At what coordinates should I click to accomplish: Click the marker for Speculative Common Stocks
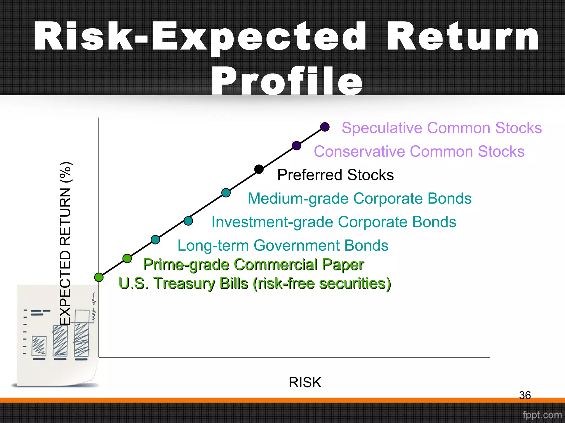[x=325, y=127]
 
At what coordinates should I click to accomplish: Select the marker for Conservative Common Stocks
[x=297, y=145]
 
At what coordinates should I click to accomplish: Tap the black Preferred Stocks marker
[x=259, y=169]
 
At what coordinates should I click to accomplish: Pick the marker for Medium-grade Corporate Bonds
[x=226, y=192]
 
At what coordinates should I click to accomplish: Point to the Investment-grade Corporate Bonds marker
[x=188, y=221]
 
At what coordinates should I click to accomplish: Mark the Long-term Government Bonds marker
[x=155, y=240]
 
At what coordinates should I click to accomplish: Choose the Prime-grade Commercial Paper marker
[x=127, y=258]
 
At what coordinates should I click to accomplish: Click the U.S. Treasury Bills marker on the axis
[x=99, y=277]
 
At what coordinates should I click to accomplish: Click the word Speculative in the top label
[x=382, y=128]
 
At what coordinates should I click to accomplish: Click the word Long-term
[x=213, y=246]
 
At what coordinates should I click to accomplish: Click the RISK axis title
[x=305, y=382]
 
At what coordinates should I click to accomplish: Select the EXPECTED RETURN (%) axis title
[x=66, y=243]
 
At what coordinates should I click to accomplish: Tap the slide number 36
[x=525, y=395]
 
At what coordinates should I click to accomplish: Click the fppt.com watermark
[x=542, y=415]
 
